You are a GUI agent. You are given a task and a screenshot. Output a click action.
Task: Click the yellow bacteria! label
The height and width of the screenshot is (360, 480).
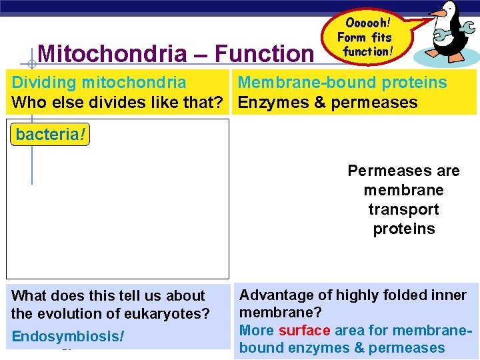tap(50, 134)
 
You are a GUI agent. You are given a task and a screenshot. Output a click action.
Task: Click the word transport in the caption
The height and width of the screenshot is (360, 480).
tap(403, 209)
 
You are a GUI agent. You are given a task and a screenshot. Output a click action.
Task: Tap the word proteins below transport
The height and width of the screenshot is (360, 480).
tap(403, 229)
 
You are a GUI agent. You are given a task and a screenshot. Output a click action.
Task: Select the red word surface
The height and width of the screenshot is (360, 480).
tap(303, 330)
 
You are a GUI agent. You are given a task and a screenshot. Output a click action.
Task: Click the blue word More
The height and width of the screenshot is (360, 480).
tap(257, 330)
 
